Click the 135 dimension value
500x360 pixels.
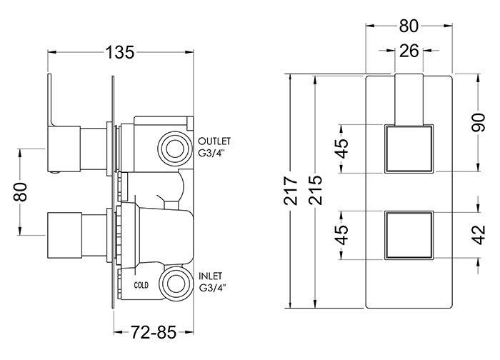pos(120,52)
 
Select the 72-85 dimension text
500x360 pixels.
pos(154,333)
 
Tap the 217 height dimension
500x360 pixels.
pos(291,191)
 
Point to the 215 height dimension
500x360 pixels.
pos(316,191)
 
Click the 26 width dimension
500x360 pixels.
pos(409,51)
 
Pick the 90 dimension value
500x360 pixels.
pos(479,122)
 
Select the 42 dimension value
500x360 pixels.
pos(479,235)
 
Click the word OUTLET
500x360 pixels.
pos(214,141)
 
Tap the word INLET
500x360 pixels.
pos(211,276)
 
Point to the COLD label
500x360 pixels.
pos(141,285)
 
